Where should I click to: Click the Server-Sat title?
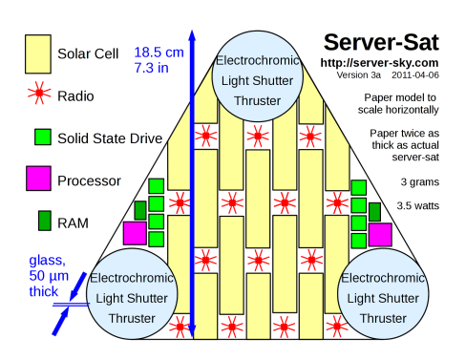[381, 43]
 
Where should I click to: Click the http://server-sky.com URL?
[379, 63]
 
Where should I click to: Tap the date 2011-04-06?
[415, 75]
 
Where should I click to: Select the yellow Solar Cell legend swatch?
[38, 54]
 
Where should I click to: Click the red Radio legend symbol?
[39, 93]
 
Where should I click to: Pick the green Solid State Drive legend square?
[43, 137]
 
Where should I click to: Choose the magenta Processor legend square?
[38, 179]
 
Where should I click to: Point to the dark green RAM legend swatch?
[45, 221]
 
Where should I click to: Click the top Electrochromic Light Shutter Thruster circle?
[257, 76]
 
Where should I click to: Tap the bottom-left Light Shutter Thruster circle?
[132, 294]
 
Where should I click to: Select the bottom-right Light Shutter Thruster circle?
[383, 294]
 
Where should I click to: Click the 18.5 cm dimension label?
[159, 53]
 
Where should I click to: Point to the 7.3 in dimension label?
[151, 68]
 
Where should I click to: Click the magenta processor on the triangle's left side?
[135, 233]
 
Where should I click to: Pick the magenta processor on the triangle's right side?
[380, 235]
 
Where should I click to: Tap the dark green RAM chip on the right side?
[374, 212]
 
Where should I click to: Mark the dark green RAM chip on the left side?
[140, 210]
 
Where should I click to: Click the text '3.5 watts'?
[417, 205]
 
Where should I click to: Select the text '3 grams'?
[420, 182]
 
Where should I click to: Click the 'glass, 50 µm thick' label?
[49, 276]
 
